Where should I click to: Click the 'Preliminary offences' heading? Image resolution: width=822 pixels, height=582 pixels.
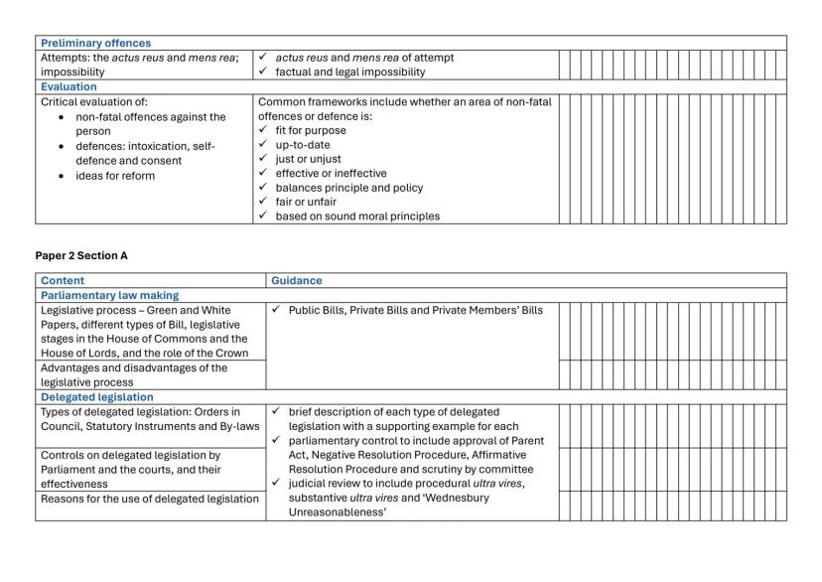(95, 43)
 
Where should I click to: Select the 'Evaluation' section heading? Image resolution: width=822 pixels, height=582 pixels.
(68, 86)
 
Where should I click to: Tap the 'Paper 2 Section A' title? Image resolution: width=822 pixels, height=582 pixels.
(81, 255)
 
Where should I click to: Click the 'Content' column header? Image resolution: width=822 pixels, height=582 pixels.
(63, 281)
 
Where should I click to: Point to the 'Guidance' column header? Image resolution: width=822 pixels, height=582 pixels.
(297, 281)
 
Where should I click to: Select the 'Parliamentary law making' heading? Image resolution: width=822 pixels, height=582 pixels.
(109, 295)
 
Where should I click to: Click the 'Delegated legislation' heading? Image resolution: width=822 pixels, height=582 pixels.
(96, 397)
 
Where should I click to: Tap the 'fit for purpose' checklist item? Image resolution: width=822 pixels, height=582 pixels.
(311, 130)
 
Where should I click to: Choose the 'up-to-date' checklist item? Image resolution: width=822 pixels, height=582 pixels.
(303, 145)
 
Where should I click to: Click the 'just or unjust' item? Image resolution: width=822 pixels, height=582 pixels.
(308, 159)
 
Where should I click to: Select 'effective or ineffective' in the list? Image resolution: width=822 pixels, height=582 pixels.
(331, 173)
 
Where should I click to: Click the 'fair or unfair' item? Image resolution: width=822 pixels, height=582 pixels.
(307, 202)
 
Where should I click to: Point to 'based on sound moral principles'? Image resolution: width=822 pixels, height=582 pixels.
(357, 216)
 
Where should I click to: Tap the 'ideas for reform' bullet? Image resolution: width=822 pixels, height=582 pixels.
(115, 176)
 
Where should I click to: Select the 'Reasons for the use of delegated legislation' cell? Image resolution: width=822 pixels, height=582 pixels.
(149, 499)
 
